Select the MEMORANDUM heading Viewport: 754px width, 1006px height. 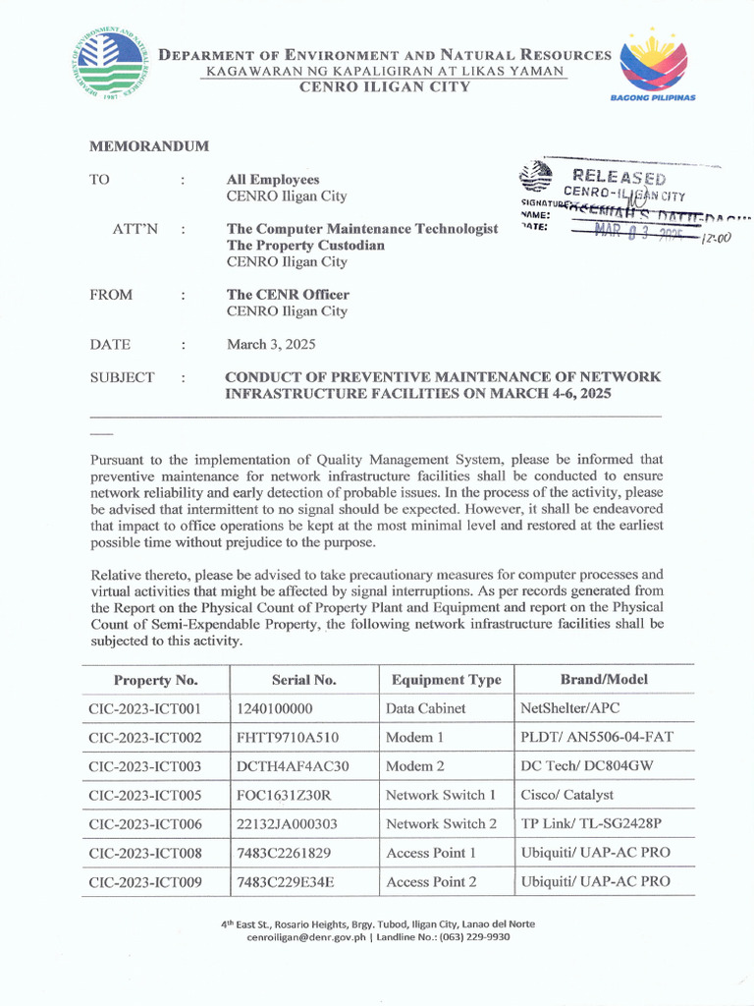tap(149, 146)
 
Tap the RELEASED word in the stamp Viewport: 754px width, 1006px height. tap(620, 178)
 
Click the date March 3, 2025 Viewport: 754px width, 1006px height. tap(271, 345)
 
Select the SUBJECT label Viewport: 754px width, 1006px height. tap(122, 377)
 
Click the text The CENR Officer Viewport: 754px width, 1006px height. tap(288, 295)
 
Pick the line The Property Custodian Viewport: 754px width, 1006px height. tap(305, 246)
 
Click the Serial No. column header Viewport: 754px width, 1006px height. tap(303, 680)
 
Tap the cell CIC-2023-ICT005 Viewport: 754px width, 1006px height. tap(144, 795)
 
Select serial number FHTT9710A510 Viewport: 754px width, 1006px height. tap(287, 737)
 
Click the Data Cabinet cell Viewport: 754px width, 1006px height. tap(425, 708)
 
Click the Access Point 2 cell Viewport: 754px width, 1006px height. tap(431, 882)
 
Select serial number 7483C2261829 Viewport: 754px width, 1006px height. tap(284, 853)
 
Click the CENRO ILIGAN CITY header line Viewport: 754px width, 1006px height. tap(384, 86)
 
